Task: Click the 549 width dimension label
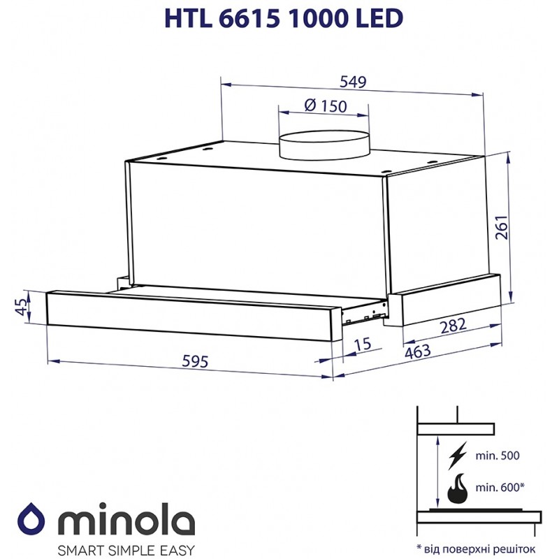pyautogui.click(x=353, y=82)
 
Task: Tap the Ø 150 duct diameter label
pyautogui.click(x=326, y=106)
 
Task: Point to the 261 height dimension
pyautogui.click(x=501, y=228)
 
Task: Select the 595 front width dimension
pyautogui.click(x=195, y=361)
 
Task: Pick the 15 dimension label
pyautogui.click(x=363, y=344)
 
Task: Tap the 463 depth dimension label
pyautogui.click(x=417, y=351)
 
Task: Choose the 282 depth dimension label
pyautogui.click(x=453, y=326)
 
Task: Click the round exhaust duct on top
pyautogui.click(x=324, y=145)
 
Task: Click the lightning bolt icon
pyautogui.click(x=458, y=456)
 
